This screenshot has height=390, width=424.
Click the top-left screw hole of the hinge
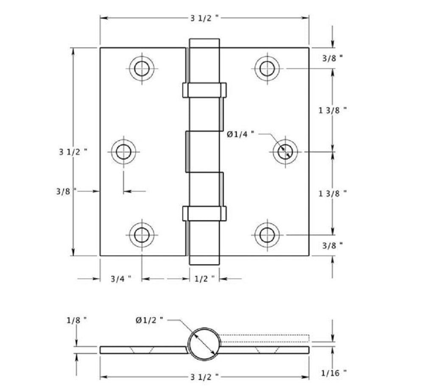coord(142,67)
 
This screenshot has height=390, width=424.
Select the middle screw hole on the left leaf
coord(123,151)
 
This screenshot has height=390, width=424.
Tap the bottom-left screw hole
coord(142,234)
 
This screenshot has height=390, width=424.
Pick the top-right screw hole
coord(267,67)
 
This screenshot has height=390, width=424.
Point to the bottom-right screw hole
coord(267,234)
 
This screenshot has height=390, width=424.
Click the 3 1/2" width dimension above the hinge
coord(205,18)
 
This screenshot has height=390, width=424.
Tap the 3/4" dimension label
coord(120,279)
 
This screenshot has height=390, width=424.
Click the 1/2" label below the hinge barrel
coord(204,279)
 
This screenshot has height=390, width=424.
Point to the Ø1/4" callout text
coord(240,134)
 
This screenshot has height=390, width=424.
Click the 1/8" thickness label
coord(77,321)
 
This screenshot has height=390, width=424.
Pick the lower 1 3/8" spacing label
coord(333,193)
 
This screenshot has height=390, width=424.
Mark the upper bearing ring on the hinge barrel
coord(204,90)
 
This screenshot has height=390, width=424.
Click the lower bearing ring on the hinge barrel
coord(204,213)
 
